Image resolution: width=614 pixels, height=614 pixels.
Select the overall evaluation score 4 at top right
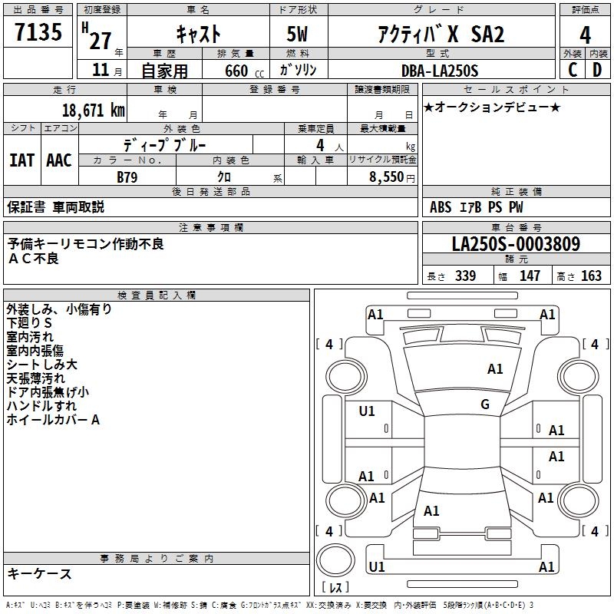[x=586, y=35]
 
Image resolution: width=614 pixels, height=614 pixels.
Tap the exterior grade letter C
[x=572, y=69]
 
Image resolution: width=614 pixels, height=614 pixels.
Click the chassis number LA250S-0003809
[x=516, y=245]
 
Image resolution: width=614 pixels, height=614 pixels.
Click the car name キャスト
[x=198, y=34]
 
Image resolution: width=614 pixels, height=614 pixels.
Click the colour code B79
[x=127, y=176]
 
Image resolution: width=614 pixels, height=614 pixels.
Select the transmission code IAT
[x=21, y=160]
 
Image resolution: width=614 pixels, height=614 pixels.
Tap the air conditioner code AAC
[x=59, y=160]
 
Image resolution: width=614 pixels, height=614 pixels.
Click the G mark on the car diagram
[x=485, y=404]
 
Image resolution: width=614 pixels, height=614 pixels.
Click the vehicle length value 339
[x=465, y=276]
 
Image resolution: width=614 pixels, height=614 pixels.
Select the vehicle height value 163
[x=591, y=276]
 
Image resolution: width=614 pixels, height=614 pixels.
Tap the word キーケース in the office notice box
[x=40, y=574]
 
